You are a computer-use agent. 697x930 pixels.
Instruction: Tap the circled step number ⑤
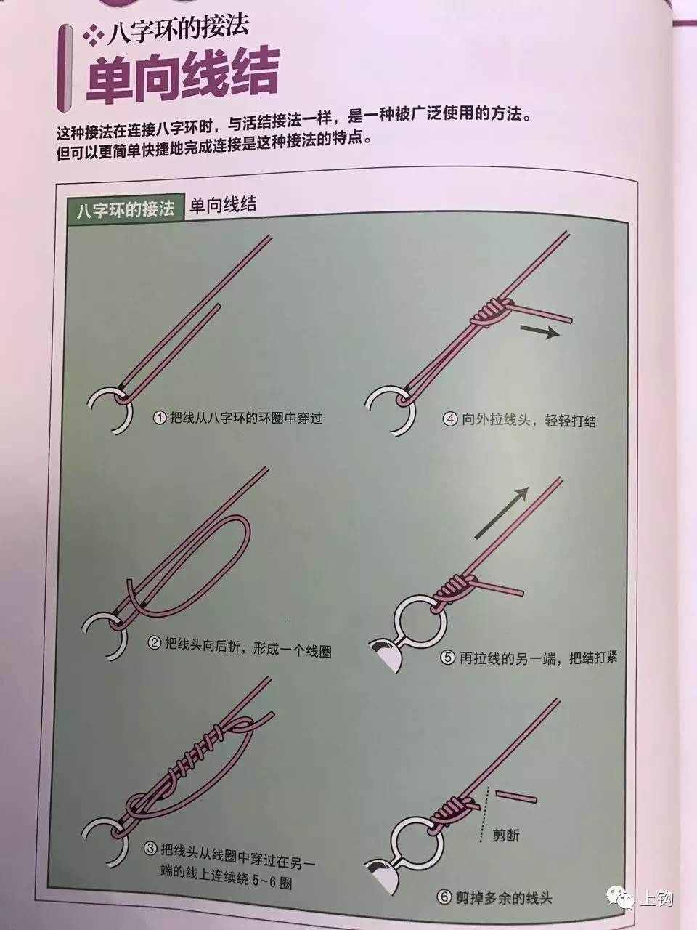[x=448, y=658]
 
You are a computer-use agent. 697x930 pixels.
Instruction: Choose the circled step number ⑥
[x=445, y=897]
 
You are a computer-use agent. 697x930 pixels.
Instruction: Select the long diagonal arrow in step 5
[x=501, y=513]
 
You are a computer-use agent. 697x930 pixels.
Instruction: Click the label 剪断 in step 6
[x=505, y=836]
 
